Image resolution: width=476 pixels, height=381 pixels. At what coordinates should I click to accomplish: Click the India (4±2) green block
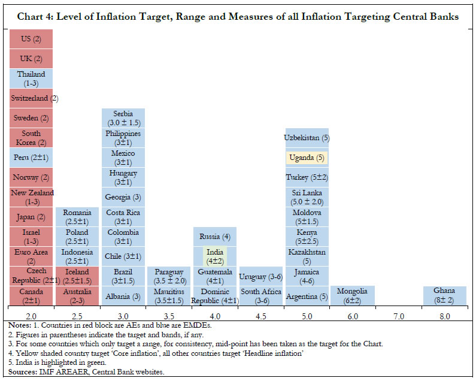215,256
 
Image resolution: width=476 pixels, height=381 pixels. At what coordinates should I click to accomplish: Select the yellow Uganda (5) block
307,158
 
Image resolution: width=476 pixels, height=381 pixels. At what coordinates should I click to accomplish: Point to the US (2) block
31,40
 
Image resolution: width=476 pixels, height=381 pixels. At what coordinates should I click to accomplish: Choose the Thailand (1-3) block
31,78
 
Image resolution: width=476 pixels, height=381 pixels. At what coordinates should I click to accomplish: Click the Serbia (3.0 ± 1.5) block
123,118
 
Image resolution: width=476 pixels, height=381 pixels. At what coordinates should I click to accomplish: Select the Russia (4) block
215,237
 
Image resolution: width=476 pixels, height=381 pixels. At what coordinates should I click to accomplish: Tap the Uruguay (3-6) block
260,276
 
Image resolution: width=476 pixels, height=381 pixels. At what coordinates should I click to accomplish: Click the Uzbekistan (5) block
307,138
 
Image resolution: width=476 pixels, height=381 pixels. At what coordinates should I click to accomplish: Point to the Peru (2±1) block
31,158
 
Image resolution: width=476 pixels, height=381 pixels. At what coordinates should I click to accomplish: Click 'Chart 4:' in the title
35,17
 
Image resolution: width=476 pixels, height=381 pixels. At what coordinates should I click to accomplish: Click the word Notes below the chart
19,324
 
